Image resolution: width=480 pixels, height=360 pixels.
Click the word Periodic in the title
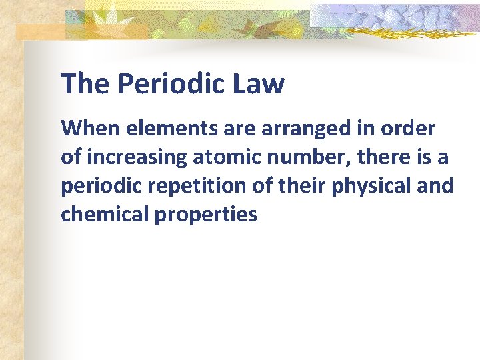click(x=171, y=85)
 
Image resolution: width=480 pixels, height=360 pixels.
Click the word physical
click(x=375, y=186)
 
